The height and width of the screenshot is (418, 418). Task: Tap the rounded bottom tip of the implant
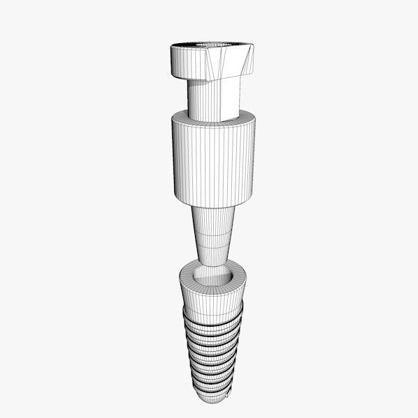point(213,401)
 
